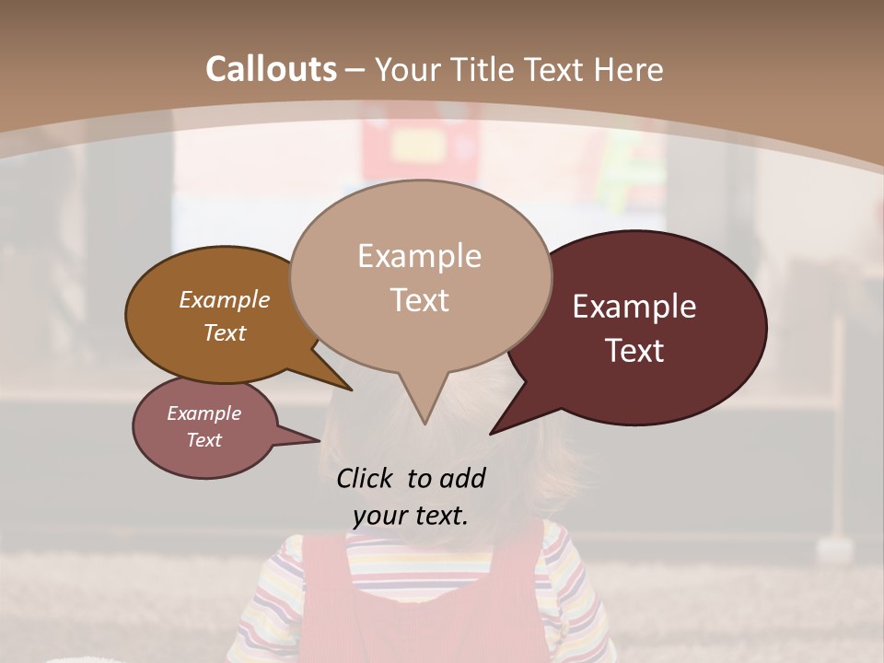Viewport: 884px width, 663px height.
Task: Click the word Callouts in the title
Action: point(271,69)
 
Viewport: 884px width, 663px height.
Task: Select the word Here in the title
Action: point(630,69)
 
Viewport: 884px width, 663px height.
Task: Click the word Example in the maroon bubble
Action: point(634,307)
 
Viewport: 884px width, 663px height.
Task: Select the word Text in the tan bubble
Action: point(420,300)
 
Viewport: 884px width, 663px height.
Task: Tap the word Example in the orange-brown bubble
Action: point(225,299)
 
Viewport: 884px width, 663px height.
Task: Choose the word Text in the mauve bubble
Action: point(204,440)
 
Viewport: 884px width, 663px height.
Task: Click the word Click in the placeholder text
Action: point(364,478)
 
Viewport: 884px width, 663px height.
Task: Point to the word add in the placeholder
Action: point(461,478)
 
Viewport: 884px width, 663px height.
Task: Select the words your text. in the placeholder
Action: point(411,515)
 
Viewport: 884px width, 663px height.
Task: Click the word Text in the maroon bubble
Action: point(635,350)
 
